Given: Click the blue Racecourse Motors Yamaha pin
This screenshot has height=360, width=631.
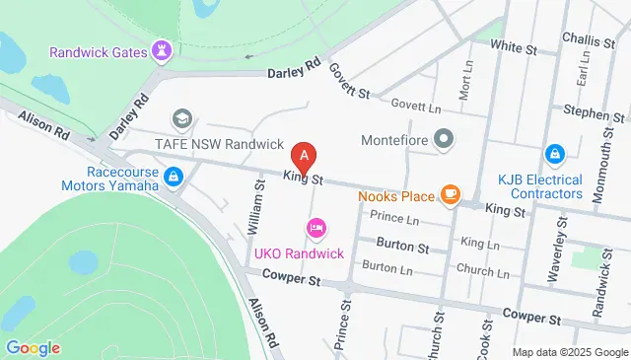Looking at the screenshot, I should tap(174, 177).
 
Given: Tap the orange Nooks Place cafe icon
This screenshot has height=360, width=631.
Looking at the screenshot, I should tap(451, 194).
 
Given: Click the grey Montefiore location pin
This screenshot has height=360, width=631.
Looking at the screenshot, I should tap(444, 139).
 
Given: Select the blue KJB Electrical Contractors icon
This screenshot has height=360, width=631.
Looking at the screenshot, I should tap(555, 156).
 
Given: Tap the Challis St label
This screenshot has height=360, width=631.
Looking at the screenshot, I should tap(594, 39).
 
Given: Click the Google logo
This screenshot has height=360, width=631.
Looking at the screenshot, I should tap(33, 347).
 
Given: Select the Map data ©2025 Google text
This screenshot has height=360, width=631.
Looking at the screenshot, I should tap(569, 352).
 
